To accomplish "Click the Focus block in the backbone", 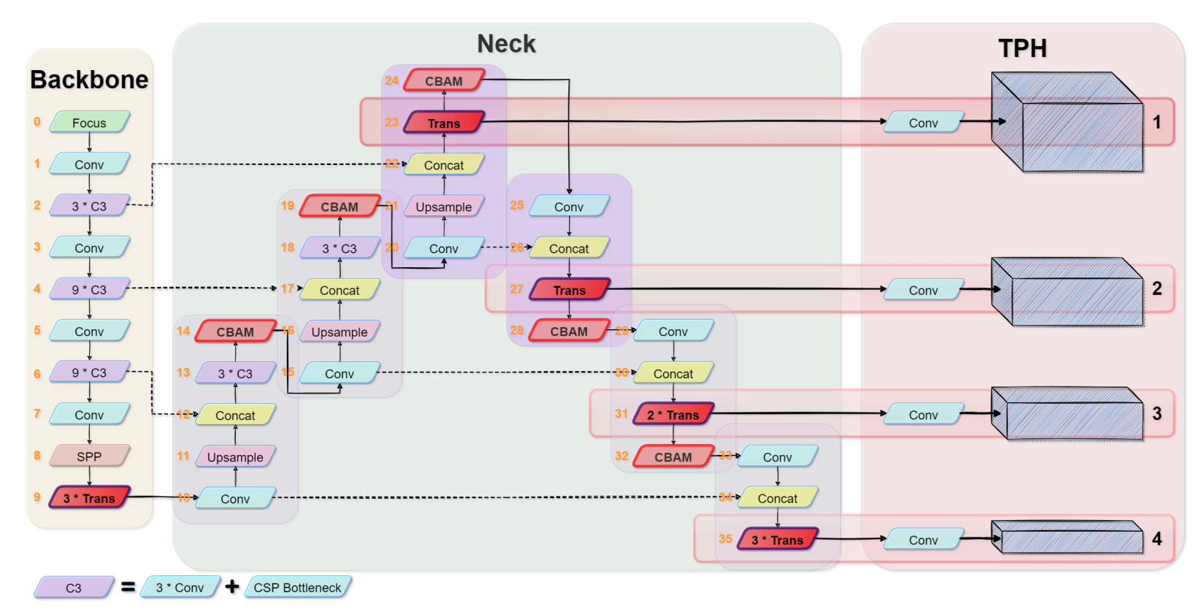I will [89, 123].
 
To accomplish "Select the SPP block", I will [89, 456].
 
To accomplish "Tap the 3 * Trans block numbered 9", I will [89, 498].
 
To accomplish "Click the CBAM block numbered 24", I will [444, 81].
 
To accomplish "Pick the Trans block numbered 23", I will [444, 123].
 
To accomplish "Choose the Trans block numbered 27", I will [569, 290].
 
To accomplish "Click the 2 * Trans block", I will [673, 415].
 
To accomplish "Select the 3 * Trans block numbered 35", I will [777, 540].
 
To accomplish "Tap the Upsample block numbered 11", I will [235, 457].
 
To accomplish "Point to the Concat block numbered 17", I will [340, 290].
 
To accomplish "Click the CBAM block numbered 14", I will [235, 332].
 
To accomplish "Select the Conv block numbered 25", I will [569, 207].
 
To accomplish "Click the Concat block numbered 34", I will [777, 498].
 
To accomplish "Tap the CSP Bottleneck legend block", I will [297, 587].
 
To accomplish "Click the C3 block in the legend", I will [74, 587].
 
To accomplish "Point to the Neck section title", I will [506, 44].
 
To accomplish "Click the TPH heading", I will [1023, 48].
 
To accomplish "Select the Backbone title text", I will [89, 80].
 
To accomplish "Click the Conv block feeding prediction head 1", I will [923, 123].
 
